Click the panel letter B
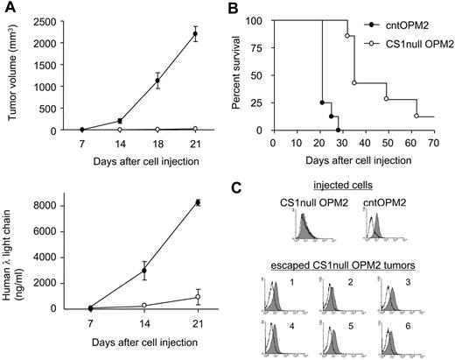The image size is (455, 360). click(251, 8)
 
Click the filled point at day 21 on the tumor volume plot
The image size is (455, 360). click(195, 35)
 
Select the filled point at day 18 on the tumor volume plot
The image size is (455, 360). click(157, 81)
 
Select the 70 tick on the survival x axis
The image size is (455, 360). click(434, 140)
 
